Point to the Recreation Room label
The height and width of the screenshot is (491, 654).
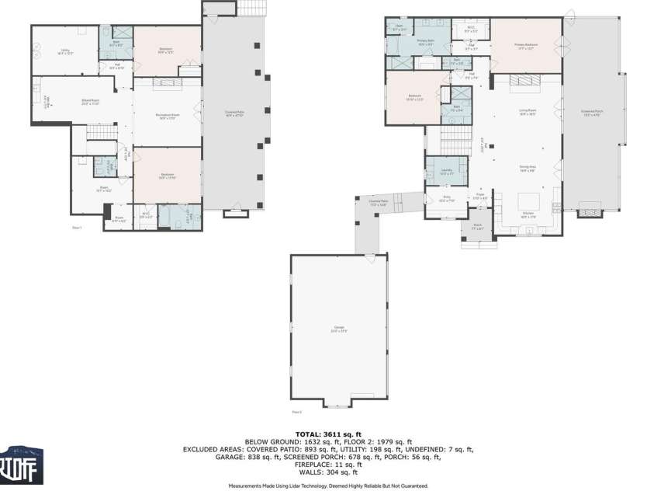coord(168,116)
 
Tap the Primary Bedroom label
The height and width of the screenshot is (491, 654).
coord(525,45)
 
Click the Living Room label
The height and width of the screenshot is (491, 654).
coord(528,112)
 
